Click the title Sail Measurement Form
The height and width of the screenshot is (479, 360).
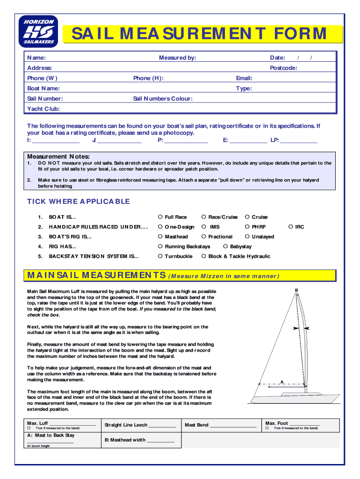click(x=199, y=34)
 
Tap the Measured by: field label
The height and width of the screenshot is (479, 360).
click(x=177, y=58)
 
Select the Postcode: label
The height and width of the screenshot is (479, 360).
click(x=283, y=68)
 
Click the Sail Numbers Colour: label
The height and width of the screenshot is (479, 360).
click(x=162, y=99)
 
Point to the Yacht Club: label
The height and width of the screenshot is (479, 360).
click(x=43, y=109)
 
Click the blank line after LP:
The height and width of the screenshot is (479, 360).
click(x=299, y=140)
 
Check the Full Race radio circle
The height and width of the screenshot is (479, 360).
click(x=160, y=217)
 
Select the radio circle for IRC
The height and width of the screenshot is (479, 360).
click(x=290, y=226)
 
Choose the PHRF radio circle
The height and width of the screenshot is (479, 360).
click(x=247, y=226)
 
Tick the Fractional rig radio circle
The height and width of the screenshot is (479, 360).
click(x=204, y=236)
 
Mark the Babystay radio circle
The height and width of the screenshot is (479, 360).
click(x=225, y=246)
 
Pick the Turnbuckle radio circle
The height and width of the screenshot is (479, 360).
click(x=160, y=256)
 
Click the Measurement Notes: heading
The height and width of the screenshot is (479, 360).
click(x=58, y=156)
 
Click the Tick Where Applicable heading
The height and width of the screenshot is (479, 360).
click(x=79, y=202)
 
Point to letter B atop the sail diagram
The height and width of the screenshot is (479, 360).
click(x=296, y=290)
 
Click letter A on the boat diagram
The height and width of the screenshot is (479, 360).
click(x=282, y=382)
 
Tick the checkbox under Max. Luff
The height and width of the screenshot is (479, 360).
click(x=29, y=428)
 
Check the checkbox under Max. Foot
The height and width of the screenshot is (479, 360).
click(x=267, y=428)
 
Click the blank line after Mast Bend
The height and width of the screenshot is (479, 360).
click(x=233, y=426)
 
